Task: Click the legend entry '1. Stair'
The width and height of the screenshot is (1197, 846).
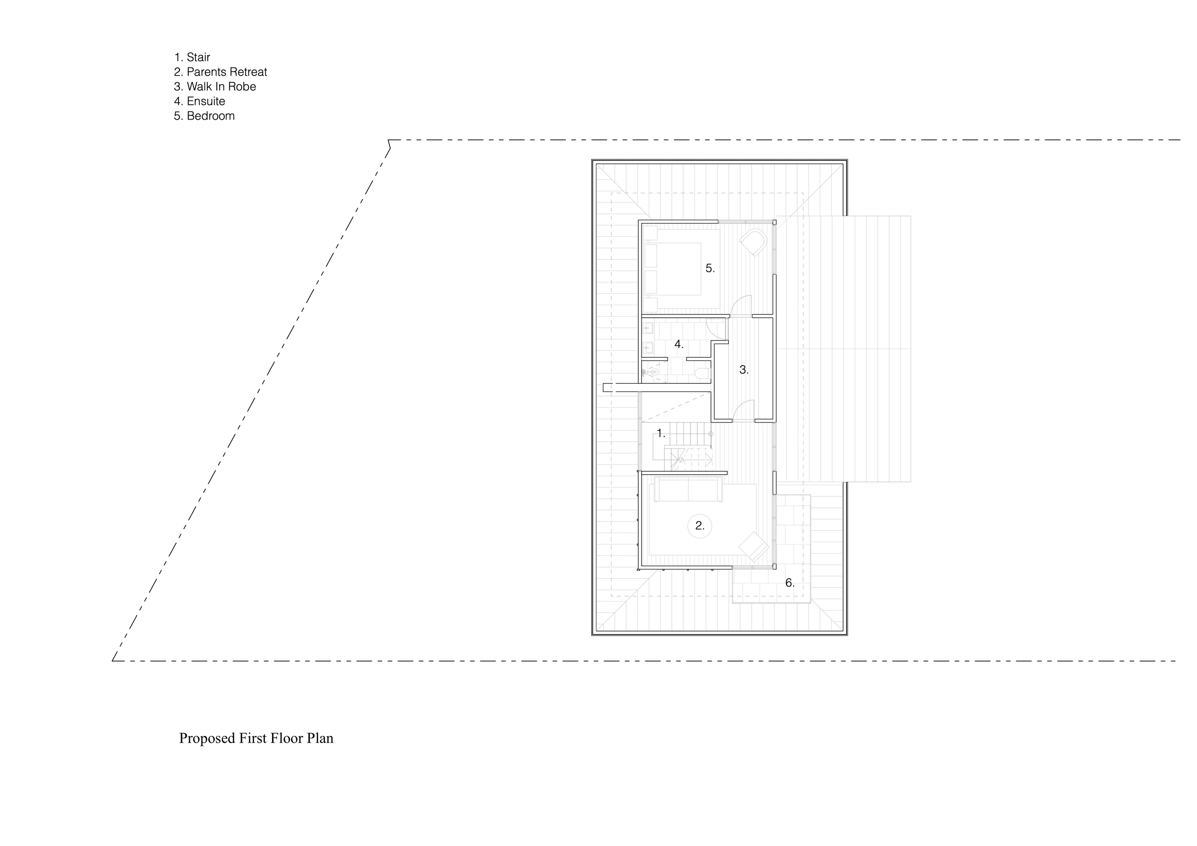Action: pyautogui.click(x=192, y=57)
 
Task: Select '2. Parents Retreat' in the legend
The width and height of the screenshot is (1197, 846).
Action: pyautogui.click(x=221, y=72)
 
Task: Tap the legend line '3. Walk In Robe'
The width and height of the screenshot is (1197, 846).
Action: pyautogui.click(x=215, y=87)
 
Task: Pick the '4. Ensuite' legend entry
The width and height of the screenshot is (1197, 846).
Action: pyautogui.click(x=200, y=101)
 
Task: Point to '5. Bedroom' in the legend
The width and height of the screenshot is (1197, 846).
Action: pyautogui.click(x=204, y=116)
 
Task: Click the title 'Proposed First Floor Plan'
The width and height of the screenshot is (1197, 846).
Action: pyautogui.click(x=256, y=738)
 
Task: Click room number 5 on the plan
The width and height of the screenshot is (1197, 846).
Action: pyautogui.click(x=710, y=268)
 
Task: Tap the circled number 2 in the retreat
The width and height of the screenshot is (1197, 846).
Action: pyautogui.click(x=700, y=526)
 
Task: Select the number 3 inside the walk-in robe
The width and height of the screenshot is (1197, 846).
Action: pyautogui.click(x=744, y=370)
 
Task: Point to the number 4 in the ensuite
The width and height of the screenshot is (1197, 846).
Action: pyautogui.click(x=678, y=345)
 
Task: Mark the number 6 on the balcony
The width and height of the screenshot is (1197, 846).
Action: pyautogui.click(x=790, y=583)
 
